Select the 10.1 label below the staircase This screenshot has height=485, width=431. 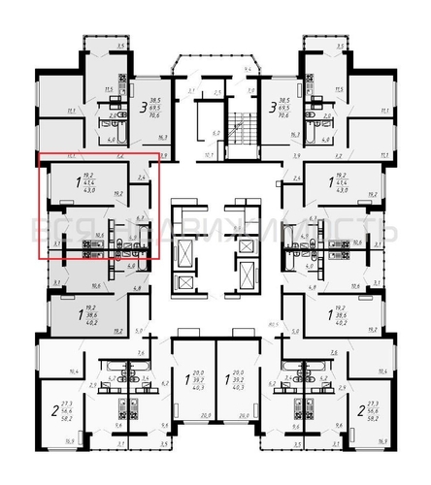(x=182, y=152)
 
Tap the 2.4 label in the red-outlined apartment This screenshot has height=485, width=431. (x=142, y=178)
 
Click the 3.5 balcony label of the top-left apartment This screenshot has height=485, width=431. (x=120, y=46)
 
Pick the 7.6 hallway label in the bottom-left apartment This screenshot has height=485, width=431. (x=141, y=353)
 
